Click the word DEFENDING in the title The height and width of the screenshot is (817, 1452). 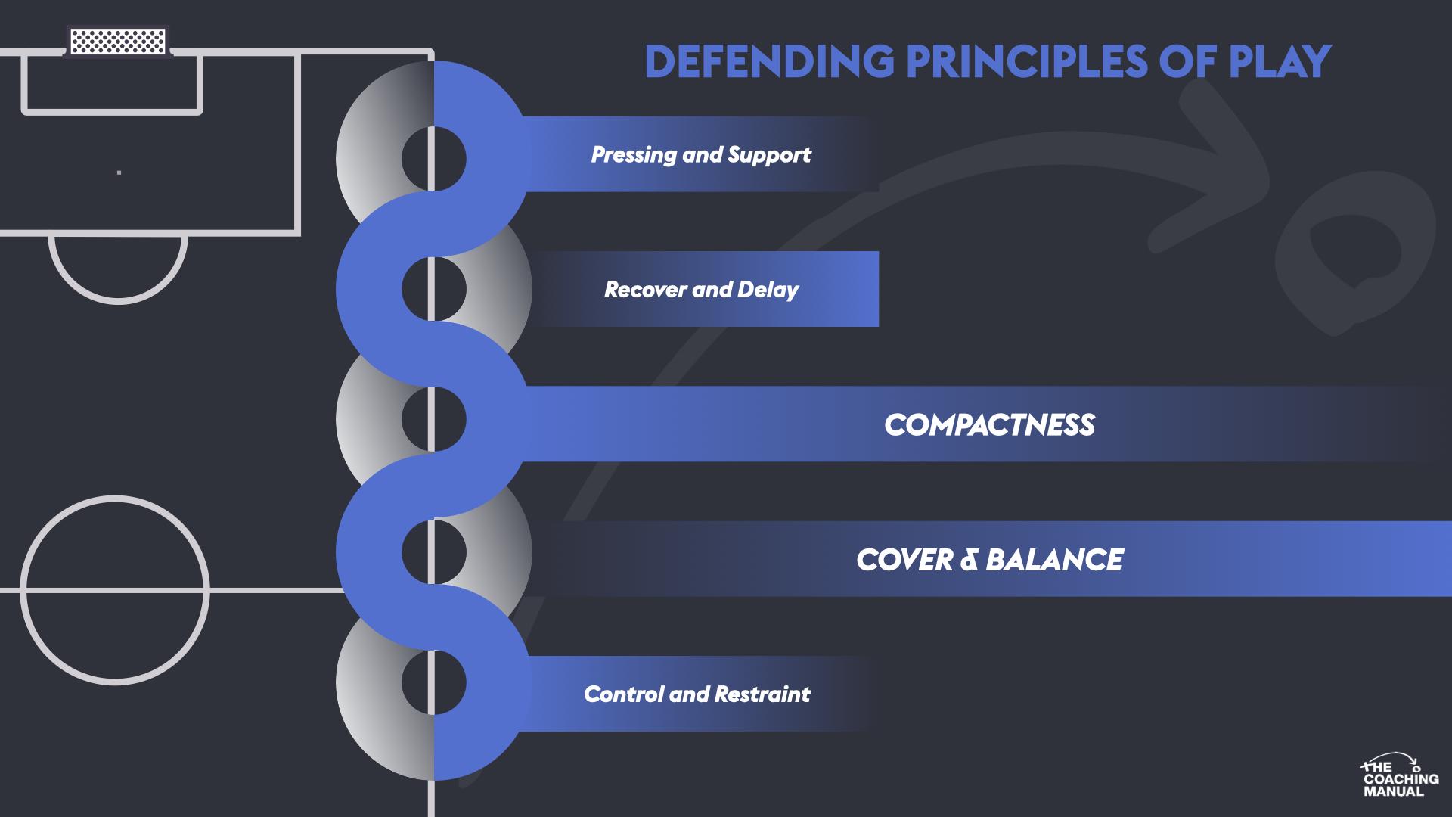tap(768, 62)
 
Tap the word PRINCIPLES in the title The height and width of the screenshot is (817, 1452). tap(1026, 62)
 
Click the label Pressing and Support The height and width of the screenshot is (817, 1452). tap(700, 155)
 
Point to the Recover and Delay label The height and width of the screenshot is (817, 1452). tap(701, 290)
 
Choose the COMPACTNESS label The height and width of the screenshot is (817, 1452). tap(989, 425)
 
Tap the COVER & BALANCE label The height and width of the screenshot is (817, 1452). tap(989, 560)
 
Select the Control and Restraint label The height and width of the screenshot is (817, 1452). tap(697, 694)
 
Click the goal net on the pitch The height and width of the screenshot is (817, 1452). tap(117, 41)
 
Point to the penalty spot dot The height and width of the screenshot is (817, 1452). tap(119, 172)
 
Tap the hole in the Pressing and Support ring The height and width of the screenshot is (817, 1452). tap(433, 159)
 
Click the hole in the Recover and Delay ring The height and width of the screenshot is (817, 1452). tap(433, 289)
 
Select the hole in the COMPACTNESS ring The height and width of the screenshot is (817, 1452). tap(433, 419)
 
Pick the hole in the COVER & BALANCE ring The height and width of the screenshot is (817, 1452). tap(433, 551)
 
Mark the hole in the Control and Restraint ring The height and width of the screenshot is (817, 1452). tap(433, 682)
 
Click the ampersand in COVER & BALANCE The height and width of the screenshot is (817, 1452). tap(967, 561)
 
